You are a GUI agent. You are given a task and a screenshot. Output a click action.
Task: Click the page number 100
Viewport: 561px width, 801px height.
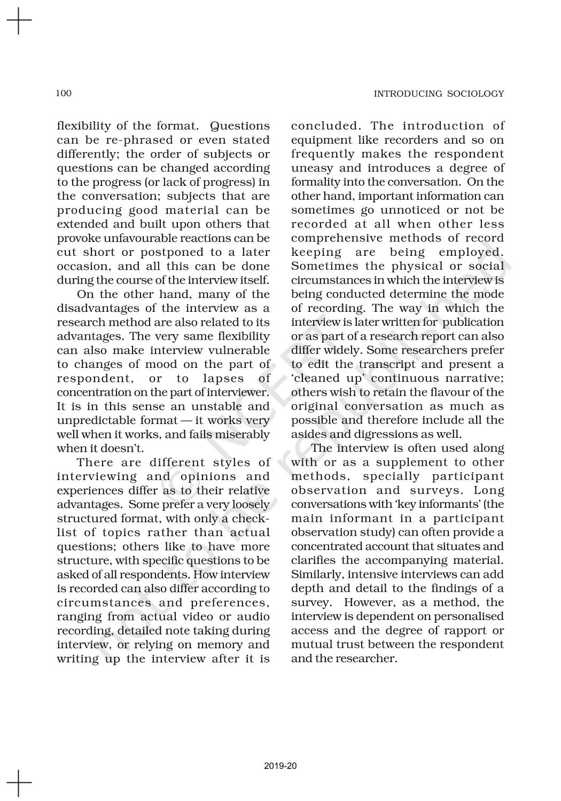[64, 93]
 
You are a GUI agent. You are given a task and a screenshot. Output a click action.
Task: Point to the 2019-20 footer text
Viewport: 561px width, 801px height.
[280, 766]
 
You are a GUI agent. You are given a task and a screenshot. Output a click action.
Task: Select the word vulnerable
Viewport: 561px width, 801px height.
[239, 350]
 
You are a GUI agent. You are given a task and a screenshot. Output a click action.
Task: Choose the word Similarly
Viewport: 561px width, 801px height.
[315, 575]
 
